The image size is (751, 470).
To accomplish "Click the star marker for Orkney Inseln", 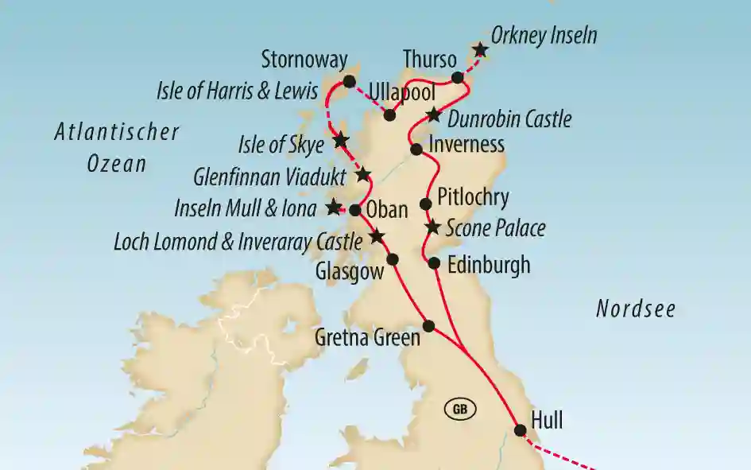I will [480, 50].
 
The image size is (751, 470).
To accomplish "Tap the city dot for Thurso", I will [458, 77].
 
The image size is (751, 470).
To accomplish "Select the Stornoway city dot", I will [349, 81].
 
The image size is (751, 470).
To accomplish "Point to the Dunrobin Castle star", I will [432, 115].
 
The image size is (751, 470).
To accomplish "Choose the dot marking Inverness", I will [416, 149].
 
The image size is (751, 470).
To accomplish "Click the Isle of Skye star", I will [340, 140].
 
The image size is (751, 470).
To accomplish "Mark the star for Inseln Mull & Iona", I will [334, 207].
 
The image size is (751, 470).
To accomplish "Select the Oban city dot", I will [355, 210].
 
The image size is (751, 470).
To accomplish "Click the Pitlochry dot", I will [425, 203].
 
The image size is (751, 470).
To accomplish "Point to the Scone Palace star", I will [432, 227].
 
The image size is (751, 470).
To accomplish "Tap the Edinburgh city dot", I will [434, 263].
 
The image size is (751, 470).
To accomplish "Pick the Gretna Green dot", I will [429, 325].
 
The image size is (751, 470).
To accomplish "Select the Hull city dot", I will [520, 430].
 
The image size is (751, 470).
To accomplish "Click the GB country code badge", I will [459, 410].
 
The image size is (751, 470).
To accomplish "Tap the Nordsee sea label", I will [636, 309].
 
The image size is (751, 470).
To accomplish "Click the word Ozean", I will [117, 164].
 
